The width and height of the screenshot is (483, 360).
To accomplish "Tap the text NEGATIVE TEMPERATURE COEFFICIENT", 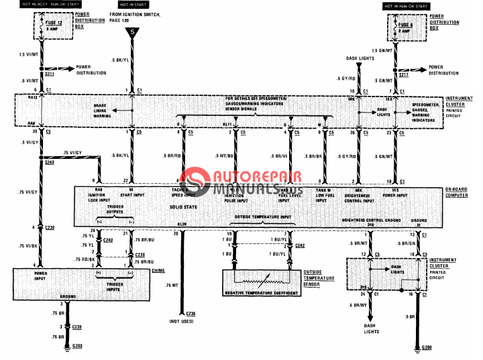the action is [x=269, y=292].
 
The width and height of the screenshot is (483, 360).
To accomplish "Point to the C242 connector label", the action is [x=300, y=245].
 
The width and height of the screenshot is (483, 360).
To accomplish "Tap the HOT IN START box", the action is [x=133, y=5].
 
